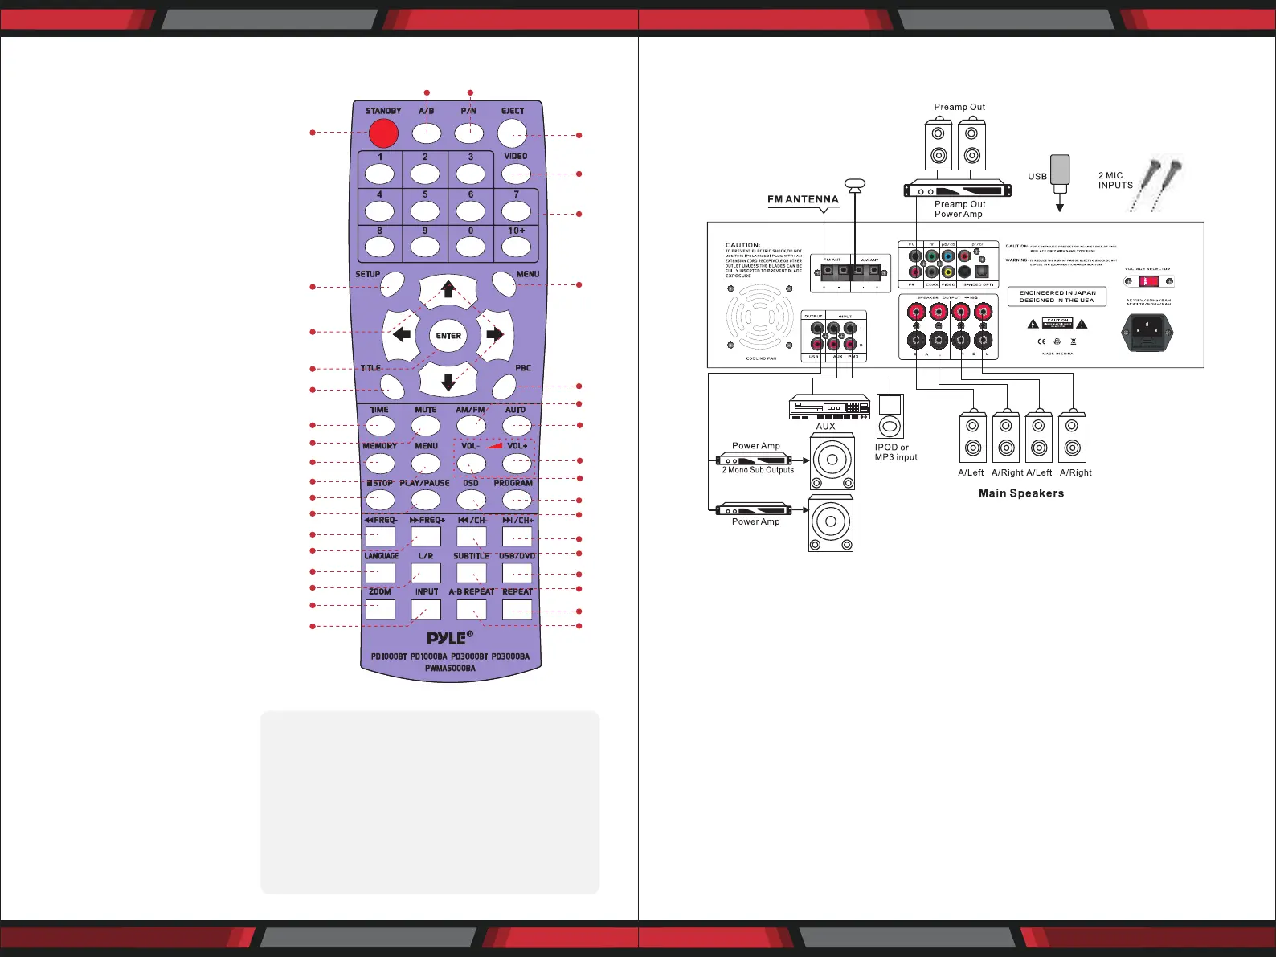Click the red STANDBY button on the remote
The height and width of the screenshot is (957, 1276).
click(383, 133)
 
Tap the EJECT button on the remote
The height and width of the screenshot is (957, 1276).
click(512, 133)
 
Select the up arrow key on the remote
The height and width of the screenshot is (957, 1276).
click(448, 289)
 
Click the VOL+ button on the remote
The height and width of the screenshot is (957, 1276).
click(517, 463)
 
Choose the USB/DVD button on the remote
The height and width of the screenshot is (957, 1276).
click(517, 573)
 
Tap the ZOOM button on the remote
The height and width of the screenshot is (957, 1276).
click(380, 609)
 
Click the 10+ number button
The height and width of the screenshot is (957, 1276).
click(516, 246)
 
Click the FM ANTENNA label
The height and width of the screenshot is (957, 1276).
click(803, 199)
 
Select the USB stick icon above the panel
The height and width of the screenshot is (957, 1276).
click(1060, 170)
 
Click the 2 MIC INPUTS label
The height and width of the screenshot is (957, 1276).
click(1115, 180)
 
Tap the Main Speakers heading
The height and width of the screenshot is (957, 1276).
click(1020, 493)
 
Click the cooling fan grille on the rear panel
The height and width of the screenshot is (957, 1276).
click(759, 317)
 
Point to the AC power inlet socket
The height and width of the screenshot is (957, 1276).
click(1147, 331)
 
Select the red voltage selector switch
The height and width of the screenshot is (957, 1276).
click(1148, 281)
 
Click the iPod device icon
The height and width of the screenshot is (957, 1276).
click(890, 415)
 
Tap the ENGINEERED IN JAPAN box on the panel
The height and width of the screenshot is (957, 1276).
click(1057, 297)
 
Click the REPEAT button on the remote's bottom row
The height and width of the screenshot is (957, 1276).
click(517, 609)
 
